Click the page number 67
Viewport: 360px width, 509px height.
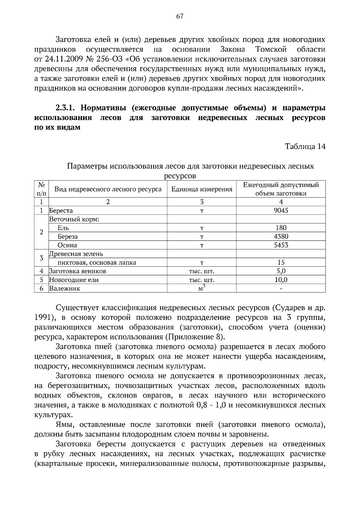(180, 16)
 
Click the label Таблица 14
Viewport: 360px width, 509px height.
(305, 147)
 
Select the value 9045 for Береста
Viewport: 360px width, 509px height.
(281, 210)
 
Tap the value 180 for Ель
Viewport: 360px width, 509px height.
(281, 228)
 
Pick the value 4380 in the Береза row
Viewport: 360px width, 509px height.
(281, 237)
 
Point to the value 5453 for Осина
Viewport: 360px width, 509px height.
(281, 245)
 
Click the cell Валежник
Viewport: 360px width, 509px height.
(65, 289)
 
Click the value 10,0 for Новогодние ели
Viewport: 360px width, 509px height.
(281, 280)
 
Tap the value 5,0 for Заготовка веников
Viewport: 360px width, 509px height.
(281, 271)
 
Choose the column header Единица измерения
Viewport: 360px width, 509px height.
(202, 189)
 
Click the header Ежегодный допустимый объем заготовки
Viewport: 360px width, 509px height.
(281, 189)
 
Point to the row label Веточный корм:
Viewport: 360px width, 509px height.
(74, 219)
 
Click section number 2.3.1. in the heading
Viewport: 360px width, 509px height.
(66, 108)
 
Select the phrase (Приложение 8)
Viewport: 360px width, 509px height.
(195, 337)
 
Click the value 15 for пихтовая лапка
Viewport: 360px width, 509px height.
(281, 263)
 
